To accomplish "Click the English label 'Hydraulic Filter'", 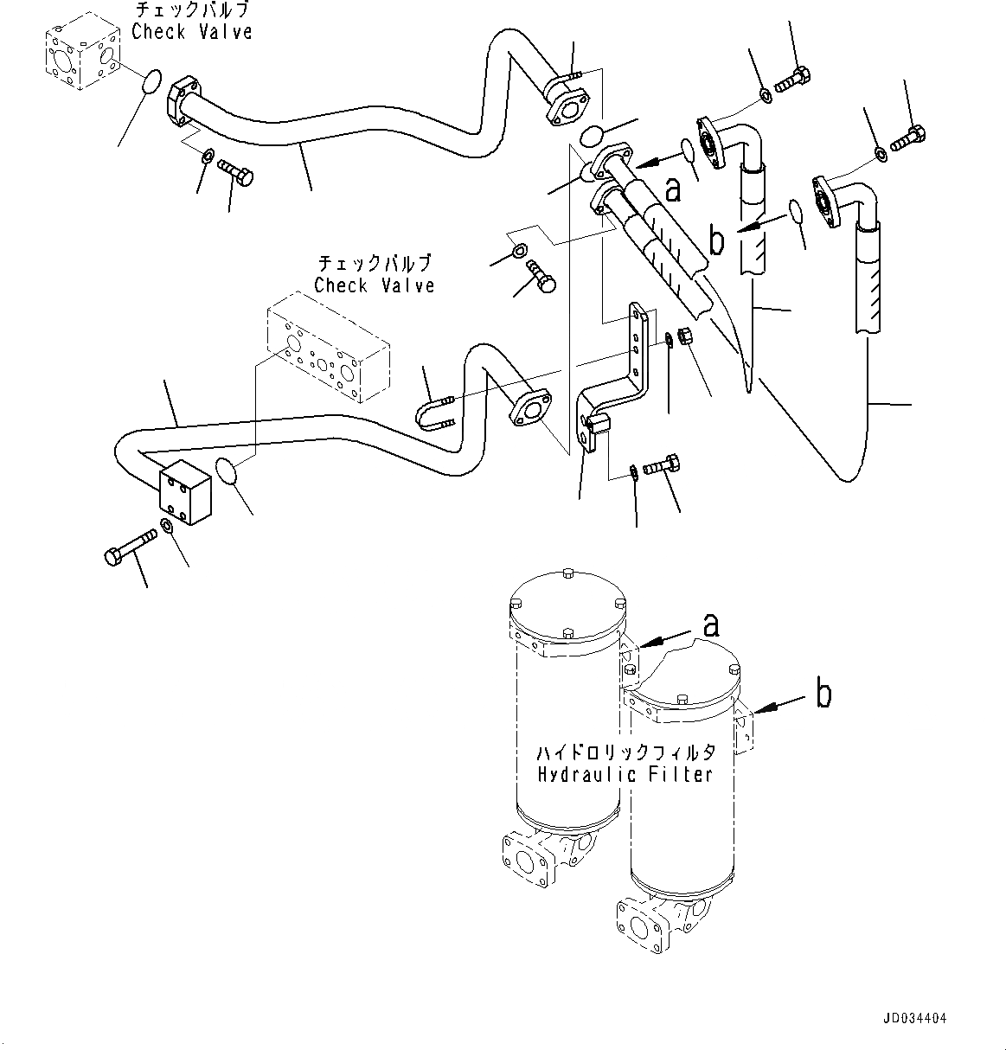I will click(x=625, y=774).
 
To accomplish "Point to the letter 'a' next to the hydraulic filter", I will click(x=710, y=624).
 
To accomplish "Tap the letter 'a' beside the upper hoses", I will click(x=672, y=189).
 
